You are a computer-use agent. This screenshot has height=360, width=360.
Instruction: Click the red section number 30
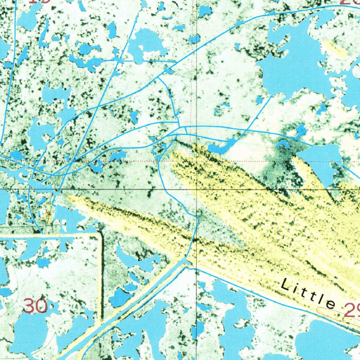(36, 306)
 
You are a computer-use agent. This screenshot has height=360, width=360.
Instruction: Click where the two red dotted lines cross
(192, 161)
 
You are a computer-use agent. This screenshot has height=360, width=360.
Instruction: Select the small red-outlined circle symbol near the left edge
(44, 212)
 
